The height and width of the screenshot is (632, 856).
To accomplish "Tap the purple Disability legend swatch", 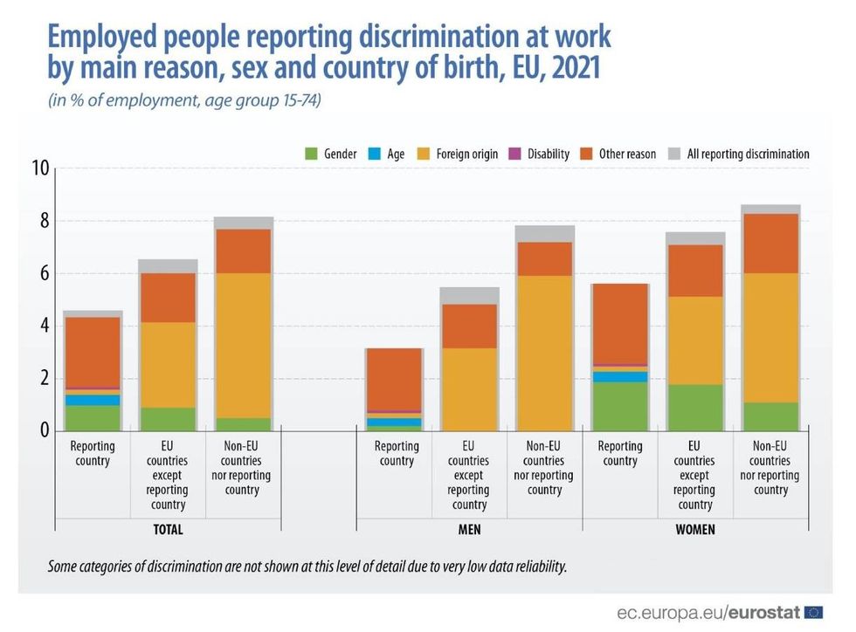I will tap(514, 155).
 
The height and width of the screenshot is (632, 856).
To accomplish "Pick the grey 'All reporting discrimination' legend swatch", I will tap(673, 155).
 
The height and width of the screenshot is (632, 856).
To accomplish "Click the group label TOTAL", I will tap(168, 529).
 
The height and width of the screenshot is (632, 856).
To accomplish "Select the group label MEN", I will tap(469, 529).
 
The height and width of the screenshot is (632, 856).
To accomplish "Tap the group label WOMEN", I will tap(695, 529).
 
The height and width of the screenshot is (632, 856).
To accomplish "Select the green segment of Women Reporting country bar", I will tap(619, 406).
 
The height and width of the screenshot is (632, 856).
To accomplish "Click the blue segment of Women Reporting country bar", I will tap(619, 376).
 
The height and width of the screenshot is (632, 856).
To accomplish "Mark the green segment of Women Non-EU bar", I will tap(770, 416).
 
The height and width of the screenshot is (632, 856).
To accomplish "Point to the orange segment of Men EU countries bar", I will tap(469, 326).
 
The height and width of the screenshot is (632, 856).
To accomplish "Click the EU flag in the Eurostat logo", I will tap(813, 611).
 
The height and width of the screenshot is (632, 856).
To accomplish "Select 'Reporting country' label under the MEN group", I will tap(397, 453).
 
